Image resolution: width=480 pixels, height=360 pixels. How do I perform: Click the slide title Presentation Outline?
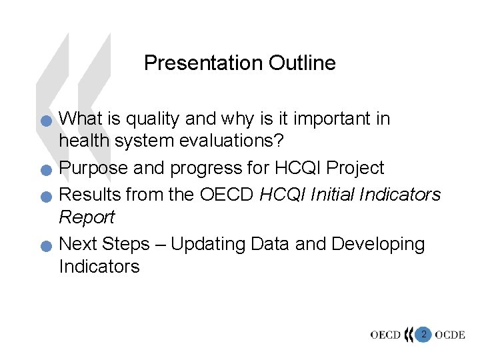pos(239,63)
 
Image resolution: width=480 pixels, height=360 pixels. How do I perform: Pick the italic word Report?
pos(87,217)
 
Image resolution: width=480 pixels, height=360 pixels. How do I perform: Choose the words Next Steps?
pos(105,245)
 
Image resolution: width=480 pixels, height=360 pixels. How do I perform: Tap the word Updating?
pos(209,245)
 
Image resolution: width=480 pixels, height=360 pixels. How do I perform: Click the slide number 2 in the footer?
pos(423,333)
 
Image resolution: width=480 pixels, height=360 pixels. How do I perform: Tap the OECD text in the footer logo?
pos(386,334)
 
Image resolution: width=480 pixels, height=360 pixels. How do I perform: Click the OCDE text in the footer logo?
pos(451,334)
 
